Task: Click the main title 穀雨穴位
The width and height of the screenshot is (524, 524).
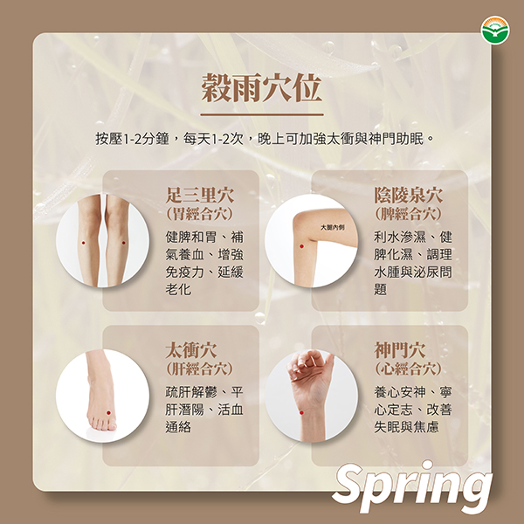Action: [262, 88]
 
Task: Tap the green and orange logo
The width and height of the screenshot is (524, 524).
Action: [495, 30]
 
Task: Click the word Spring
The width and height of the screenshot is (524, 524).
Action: [412, 486]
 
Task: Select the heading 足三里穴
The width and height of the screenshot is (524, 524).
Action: [200, 195]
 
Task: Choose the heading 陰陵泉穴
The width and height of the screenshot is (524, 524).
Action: [409, 195]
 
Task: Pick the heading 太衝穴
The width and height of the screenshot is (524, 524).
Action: [191, 350]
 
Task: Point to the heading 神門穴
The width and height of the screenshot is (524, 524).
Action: [400, 350]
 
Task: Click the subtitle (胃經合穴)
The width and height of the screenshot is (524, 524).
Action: [199, 214]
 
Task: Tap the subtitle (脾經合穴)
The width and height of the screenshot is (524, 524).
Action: [408, 214]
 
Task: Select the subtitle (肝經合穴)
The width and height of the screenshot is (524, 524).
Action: [199, 369]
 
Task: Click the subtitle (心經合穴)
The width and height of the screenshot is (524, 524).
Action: [408, 369]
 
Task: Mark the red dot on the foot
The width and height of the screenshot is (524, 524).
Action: [108, 413]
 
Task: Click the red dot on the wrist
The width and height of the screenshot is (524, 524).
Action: [301, 413]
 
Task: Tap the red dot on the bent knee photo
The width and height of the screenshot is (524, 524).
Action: [302, 246]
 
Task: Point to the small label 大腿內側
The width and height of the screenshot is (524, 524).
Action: [333, 228]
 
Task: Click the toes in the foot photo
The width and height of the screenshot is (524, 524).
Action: [102, 424]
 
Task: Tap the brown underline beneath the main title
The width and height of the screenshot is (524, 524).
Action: [262, 114]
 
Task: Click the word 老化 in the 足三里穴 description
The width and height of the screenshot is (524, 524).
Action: [178, 289]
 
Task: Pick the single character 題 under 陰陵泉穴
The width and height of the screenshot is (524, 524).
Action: [380, 289]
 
